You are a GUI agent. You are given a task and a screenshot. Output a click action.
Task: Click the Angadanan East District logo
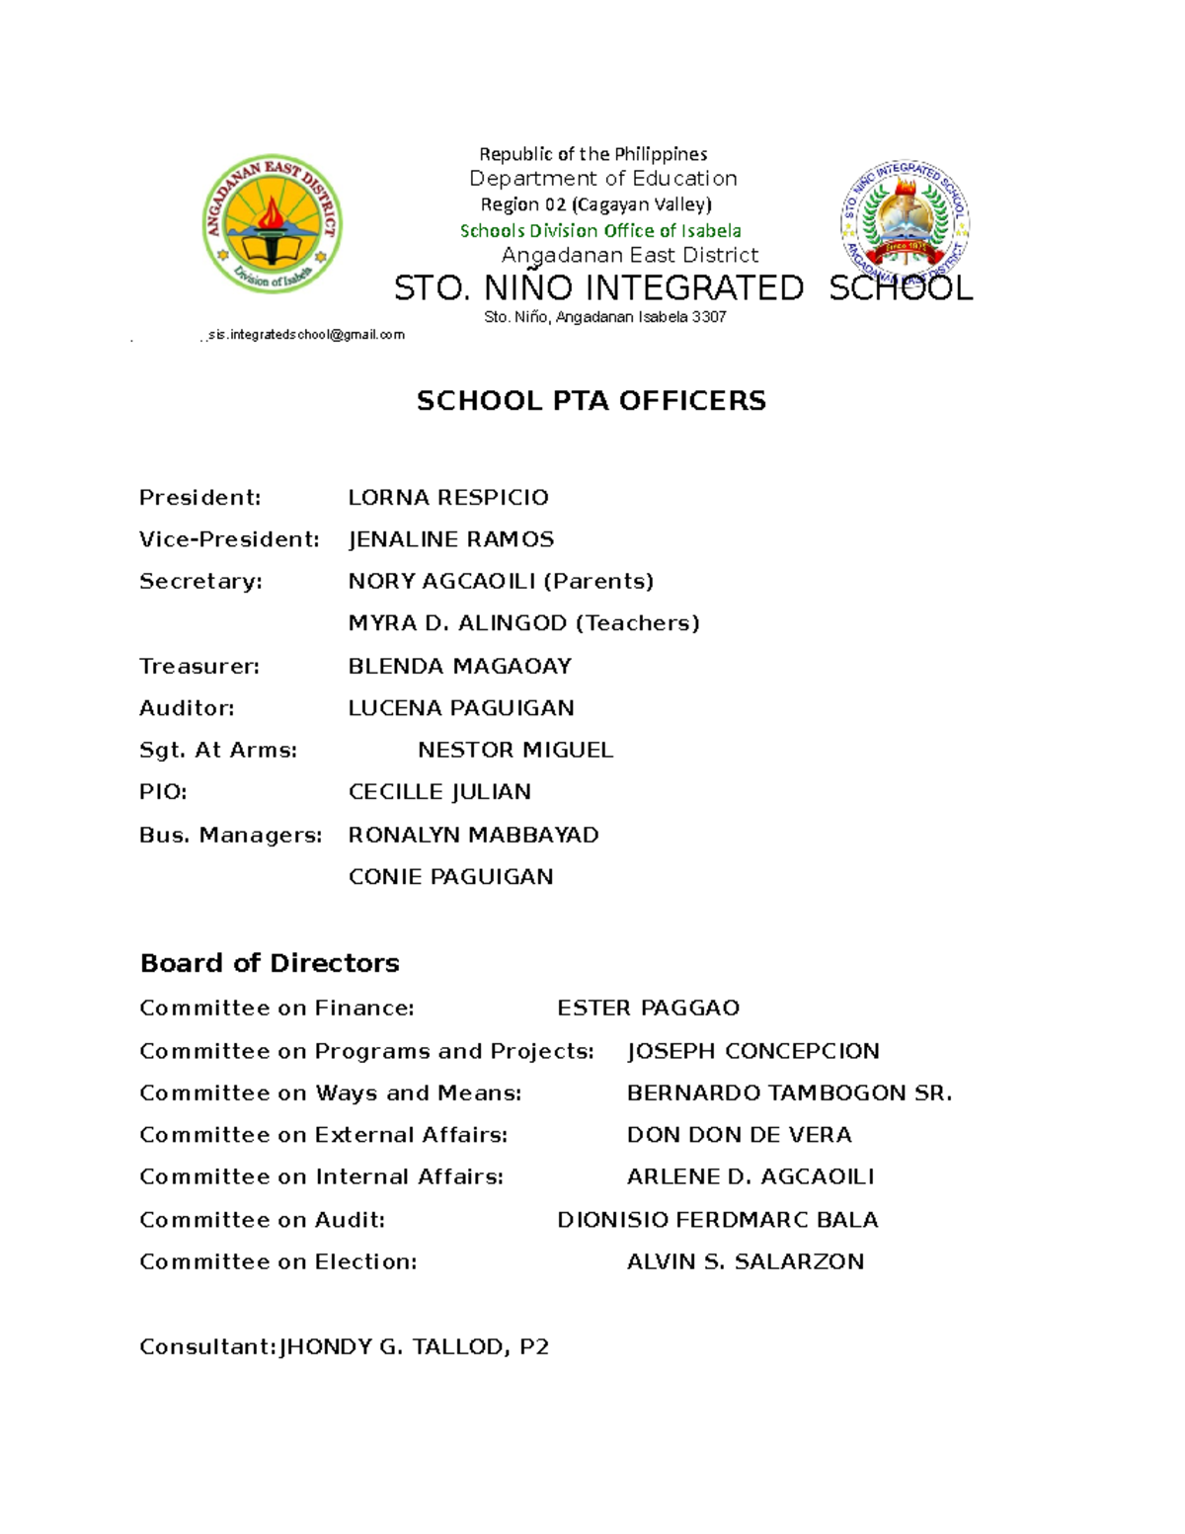(272, 224)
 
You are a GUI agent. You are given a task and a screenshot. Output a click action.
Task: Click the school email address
(306, 335)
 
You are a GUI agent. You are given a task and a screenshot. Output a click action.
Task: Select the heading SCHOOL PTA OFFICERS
(591, 400)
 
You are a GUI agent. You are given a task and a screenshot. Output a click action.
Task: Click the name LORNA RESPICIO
(447, 497)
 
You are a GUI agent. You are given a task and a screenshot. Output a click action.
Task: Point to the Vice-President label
(229, 539)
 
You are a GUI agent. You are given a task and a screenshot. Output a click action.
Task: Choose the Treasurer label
(198, 666)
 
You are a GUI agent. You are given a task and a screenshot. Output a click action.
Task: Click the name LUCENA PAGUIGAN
(460, 708)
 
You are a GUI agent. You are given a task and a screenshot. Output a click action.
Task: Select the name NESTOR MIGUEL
(514, 750)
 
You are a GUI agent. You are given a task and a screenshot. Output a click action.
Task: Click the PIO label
(163, 792)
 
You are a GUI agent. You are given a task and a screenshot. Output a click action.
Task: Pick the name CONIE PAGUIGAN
(450, 876)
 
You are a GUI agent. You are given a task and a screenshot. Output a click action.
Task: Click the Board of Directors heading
(270, 963)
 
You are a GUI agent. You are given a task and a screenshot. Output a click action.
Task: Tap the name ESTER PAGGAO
(648, 1008)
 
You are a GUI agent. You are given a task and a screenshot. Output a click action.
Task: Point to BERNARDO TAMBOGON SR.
(789, 1092)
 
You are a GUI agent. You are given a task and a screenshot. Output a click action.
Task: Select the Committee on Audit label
(262, 1220)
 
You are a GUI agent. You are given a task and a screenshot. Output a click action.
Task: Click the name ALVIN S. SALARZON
(745, 1261)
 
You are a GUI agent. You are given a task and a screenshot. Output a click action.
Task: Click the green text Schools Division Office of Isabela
(600, 231)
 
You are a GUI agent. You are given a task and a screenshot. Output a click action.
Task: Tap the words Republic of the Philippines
(592, 154)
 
